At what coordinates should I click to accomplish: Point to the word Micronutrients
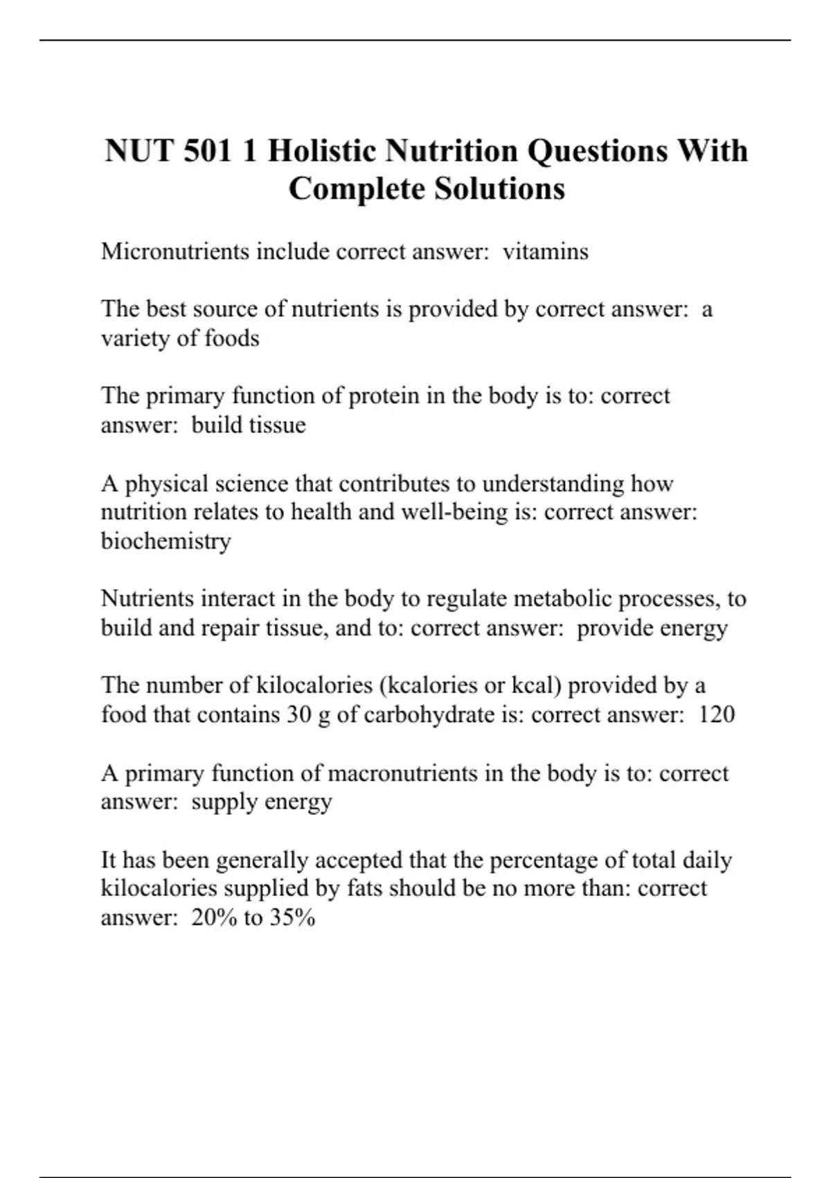pos(175,251)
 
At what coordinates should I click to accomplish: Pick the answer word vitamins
pos(545,251)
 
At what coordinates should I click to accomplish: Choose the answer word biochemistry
pos(166,540)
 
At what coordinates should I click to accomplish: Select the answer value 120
pos(716,714)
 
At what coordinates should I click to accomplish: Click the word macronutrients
pos(402,773)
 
